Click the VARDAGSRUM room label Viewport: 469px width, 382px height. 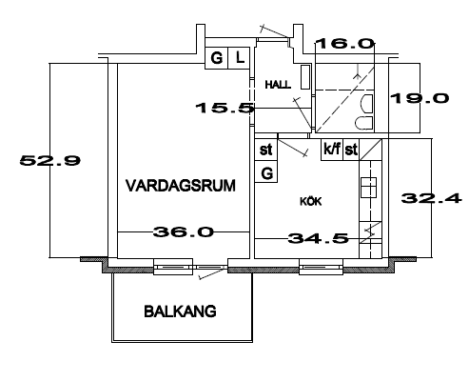[x=181, y=186]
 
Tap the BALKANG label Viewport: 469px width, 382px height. [x=180, y=312]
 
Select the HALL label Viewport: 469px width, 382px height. [x=278, y=85]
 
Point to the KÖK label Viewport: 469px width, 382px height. [x=311, y=201]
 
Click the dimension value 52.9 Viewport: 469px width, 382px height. [x=50, y=160]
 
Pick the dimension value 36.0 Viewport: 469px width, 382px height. [x=184, y=232]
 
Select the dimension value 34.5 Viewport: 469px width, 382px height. [x=318, y=238]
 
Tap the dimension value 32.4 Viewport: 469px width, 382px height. [x=431, y=198]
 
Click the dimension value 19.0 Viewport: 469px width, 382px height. [x=420, y=98]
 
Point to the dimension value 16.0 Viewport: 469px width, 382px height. [x=345, y=44]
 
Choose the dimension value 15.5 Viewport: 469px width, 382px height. [x=225, y=109]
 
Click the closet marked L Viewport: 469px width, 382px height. [x=241, y=58]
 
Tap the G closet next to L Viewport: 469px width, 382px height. [x=217, y=58]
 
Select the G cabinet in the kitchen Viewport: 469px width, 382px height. [x=266, y=171]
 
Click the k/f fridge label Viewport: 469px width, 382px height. [x=332, y=149]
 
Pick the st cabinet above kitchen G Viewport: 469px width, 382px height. [x=266, y=150]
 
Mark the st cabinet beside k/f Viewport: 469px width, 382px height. [x=351, y=150]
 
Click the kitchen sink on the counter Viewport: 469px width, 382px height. [x=369, y=188]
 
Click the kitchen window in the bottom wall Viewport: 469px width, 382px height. [x=321, y=267]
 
